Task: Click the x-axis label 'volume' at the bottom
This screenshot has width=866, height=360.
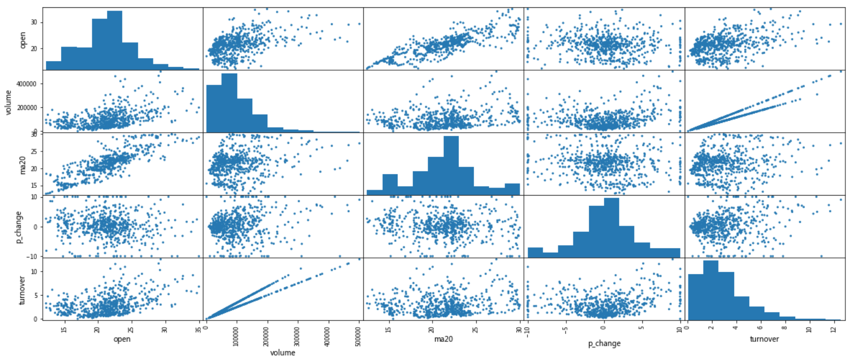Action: coord(282,353)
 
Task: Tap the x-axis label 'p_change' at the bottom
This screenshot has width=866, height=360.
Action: coord(604,344)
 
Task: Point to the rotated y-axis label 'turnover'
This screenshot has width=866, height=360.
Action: coord(23,290)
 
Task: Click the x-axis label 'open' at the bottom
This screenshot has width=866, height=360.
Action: coord(122,339)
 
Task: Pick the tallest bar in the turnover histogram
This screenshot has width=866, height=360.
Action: coord(711,290)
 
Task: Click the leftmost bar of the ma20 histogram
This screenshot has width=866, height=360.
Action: coord(374,193)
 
